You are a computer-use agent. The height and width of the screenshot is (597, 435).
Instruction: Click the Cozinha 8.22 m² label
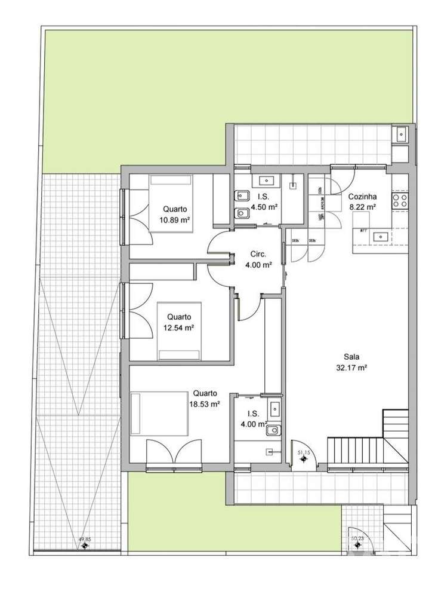tap(362, 201)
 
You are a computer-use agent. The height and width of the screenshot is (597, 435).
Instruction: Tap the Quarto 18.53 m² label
tap(206, 399)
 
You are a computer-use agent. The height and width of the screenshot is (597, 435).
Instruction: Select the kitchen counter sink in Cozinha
tap(380, 237)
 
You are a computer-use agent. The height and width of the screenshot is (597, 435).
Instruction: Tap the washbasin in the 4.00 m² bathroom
tap(274, 409)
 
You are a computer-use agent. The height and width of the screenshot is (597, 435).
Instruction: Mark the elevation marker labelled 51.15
tap(303, 461)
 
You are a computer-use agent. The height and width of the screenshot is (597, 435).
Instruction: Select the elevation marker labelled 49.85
tap(85, 544)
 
